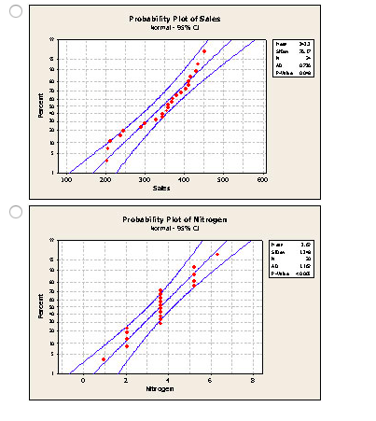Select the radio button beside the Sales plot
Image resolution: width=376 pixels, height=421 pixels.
click(x=15, y=12)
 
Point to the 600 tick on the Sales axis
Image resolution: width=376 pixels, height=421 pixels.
click(x=261, y=179)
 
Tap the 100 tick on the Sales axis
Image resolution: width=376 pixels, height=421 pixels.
click(x=65, y=179)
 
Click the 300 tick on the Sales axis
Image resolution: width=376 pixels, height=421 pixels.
click(x=144, y=179)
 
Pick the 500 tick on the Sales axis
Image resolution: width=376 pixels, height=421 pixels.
click(x=222, y=179)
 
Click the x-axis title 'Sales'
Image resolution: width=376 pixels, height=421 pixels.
click(x=161, y=189)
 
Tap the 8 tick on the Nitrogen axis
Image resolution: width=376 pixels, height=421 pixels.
click(x=252, y=380)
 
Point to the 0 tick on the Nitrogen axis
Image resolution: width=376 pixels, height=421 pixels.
click(x=83, y=380)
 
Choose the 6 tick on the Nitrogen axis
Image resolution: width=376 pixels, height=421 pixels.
click(x=210, y=380)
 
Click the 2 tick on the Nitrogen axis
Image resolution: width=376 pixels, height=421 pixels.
click(x=126, y=380)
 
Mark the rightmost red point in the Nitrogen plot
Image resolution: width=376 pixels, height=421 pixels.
click(x=217, y=254)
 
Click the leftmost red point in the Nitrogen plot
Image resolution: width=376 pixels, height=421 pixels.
click(x=104, y=359)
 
